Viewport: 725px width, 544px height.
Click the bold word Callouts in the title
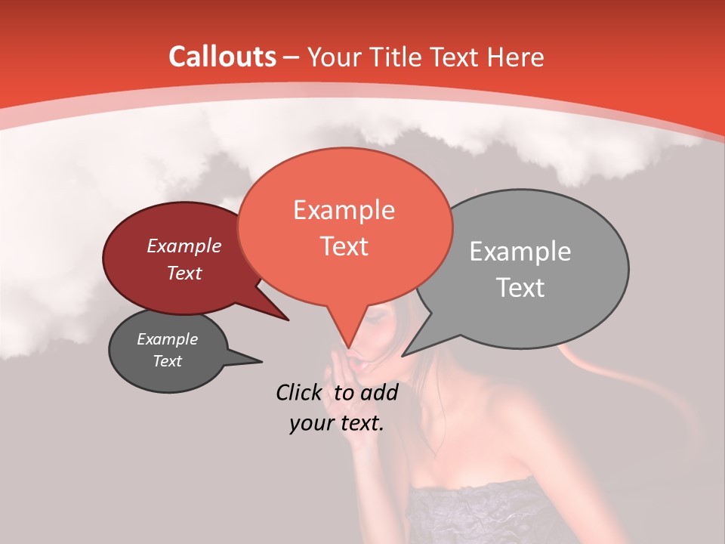(222, 57)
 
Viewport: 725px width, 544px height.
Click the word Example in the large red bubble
(344, 210)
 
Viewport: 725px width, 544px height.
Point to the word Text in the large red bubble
(344, 246)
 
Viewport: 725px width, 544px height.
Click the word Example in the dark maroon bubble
(184, 246)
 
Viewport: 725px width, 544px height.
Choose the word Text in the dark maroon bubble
(184, 273)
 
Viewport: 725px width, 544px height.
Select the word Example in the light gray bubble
(520, 252)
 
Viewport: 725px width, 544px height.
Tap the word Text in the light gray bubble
(520, 288)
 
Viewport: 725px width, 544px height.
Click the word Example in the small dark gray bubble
(167, 339)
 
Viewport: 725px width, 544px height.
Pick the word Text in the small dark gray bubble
(167, 361)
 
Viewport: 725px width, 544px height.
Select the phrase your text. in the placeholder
(337, 423)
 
